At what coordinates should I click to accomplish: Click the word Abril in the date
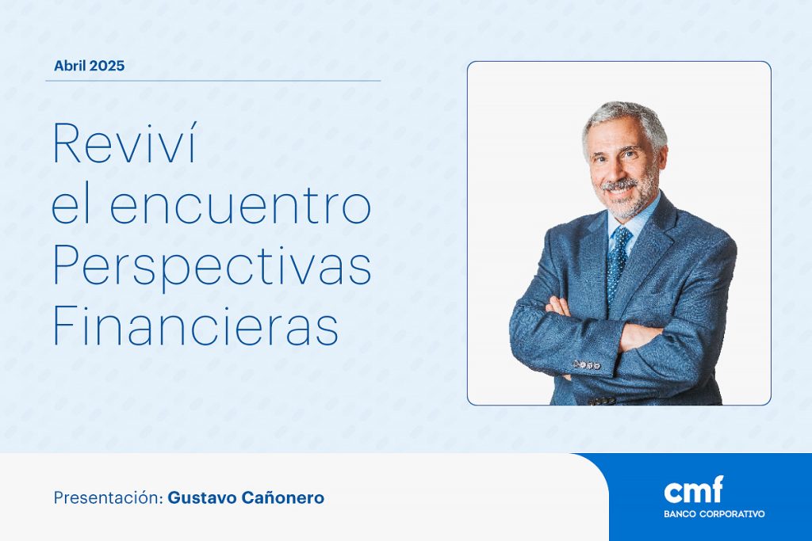pos(70,66)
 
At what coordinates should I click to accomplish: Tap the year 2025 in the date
pos(107,66)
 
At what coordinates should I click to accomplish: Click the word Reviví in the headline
pos(124,143)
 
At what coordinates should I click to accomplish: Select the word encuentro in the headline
pos(240,205)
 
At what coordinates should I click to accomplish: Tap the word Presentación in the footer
pos(108,497)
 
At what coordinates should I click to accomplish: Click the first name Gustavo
pos(202,497)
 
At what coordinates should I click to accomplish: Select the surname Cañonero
pos(283,497)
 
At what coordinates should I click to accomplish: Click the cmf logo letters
pos(693,490)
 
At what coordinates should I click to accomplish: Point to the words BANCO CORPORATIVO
pos(714,514)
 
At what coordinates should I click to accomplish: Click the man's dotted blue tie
pos(618,263)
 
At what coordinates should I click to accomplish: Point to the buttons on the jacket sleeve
pos(587,364)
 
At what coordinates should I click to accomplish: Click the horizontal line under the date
pos(213,81)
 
